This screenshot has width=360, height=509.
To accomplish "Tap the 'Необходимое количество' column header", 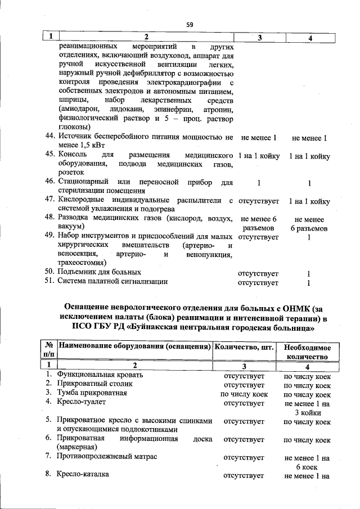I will point(307,352).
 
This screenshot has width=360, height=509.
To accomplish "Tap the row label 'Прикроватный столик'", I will point(93,384).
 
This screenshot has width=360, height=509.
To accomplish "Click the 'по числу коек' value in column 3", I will point(244,394).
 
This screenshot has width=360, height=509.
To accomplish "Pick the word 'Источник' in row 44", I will point(74,137).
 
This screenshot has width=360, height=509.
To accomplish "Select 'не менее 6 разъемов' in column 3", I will point(259,224).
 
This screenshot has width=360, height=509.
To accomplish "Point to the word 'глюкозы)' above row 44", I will point(73,127).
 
